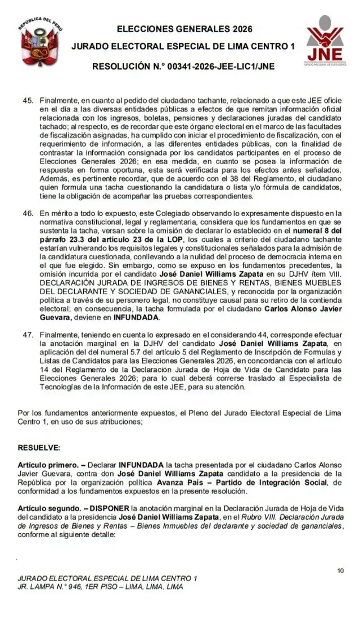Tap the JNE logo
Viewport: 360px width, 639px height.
[x=325, y=40]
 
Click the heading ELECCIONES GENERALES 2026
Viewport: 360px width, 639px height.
[x=184, y=29]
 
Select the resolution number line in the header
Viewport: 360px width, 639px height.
[x=183, y=66]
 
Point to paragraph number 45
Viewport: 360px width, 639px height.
[x=28, y=100]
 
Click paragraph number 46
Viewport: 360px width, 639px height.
[x=28, y=213]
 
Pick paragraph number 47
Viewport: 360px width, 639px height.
[x=28, y=334]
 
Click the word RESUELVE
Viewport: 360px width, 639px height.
[x=39, y=448]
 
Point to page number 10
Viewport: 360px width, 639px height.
[x=340, y=571]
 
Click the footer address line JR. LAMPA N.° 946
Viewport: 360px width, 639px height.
[x=100, y=586]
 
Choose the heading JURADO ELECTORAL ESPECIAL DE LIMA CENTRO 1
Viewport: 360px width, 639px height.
[x=183, y=47]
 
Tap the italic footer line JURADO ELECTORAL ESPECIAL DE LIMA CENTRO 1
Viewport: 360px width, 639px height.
[x=107, y=578]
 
